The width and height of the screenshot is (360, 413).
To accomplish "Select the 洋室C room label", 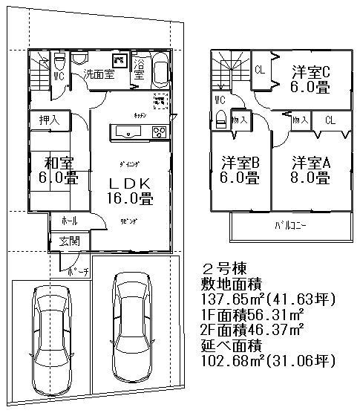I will point(310,71).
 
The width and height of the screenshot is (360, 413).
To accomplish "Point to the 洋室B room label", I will point(238,161).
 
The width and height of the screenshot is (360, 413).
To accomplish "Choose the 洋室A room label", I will point(310,161).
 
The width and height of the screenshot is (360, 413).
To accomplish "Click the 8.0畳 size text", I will point(310,178).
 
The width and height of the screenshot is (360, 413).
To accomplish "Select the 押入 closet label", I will point(49,118).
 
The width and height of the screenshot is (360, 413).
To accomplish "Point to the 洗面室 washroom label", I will point(99,74).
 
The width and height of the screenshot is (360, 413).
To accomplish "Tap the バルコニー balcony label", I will point(290,225).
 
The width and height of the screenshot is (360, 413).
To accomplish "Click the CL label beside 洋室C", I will point(261,71).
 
